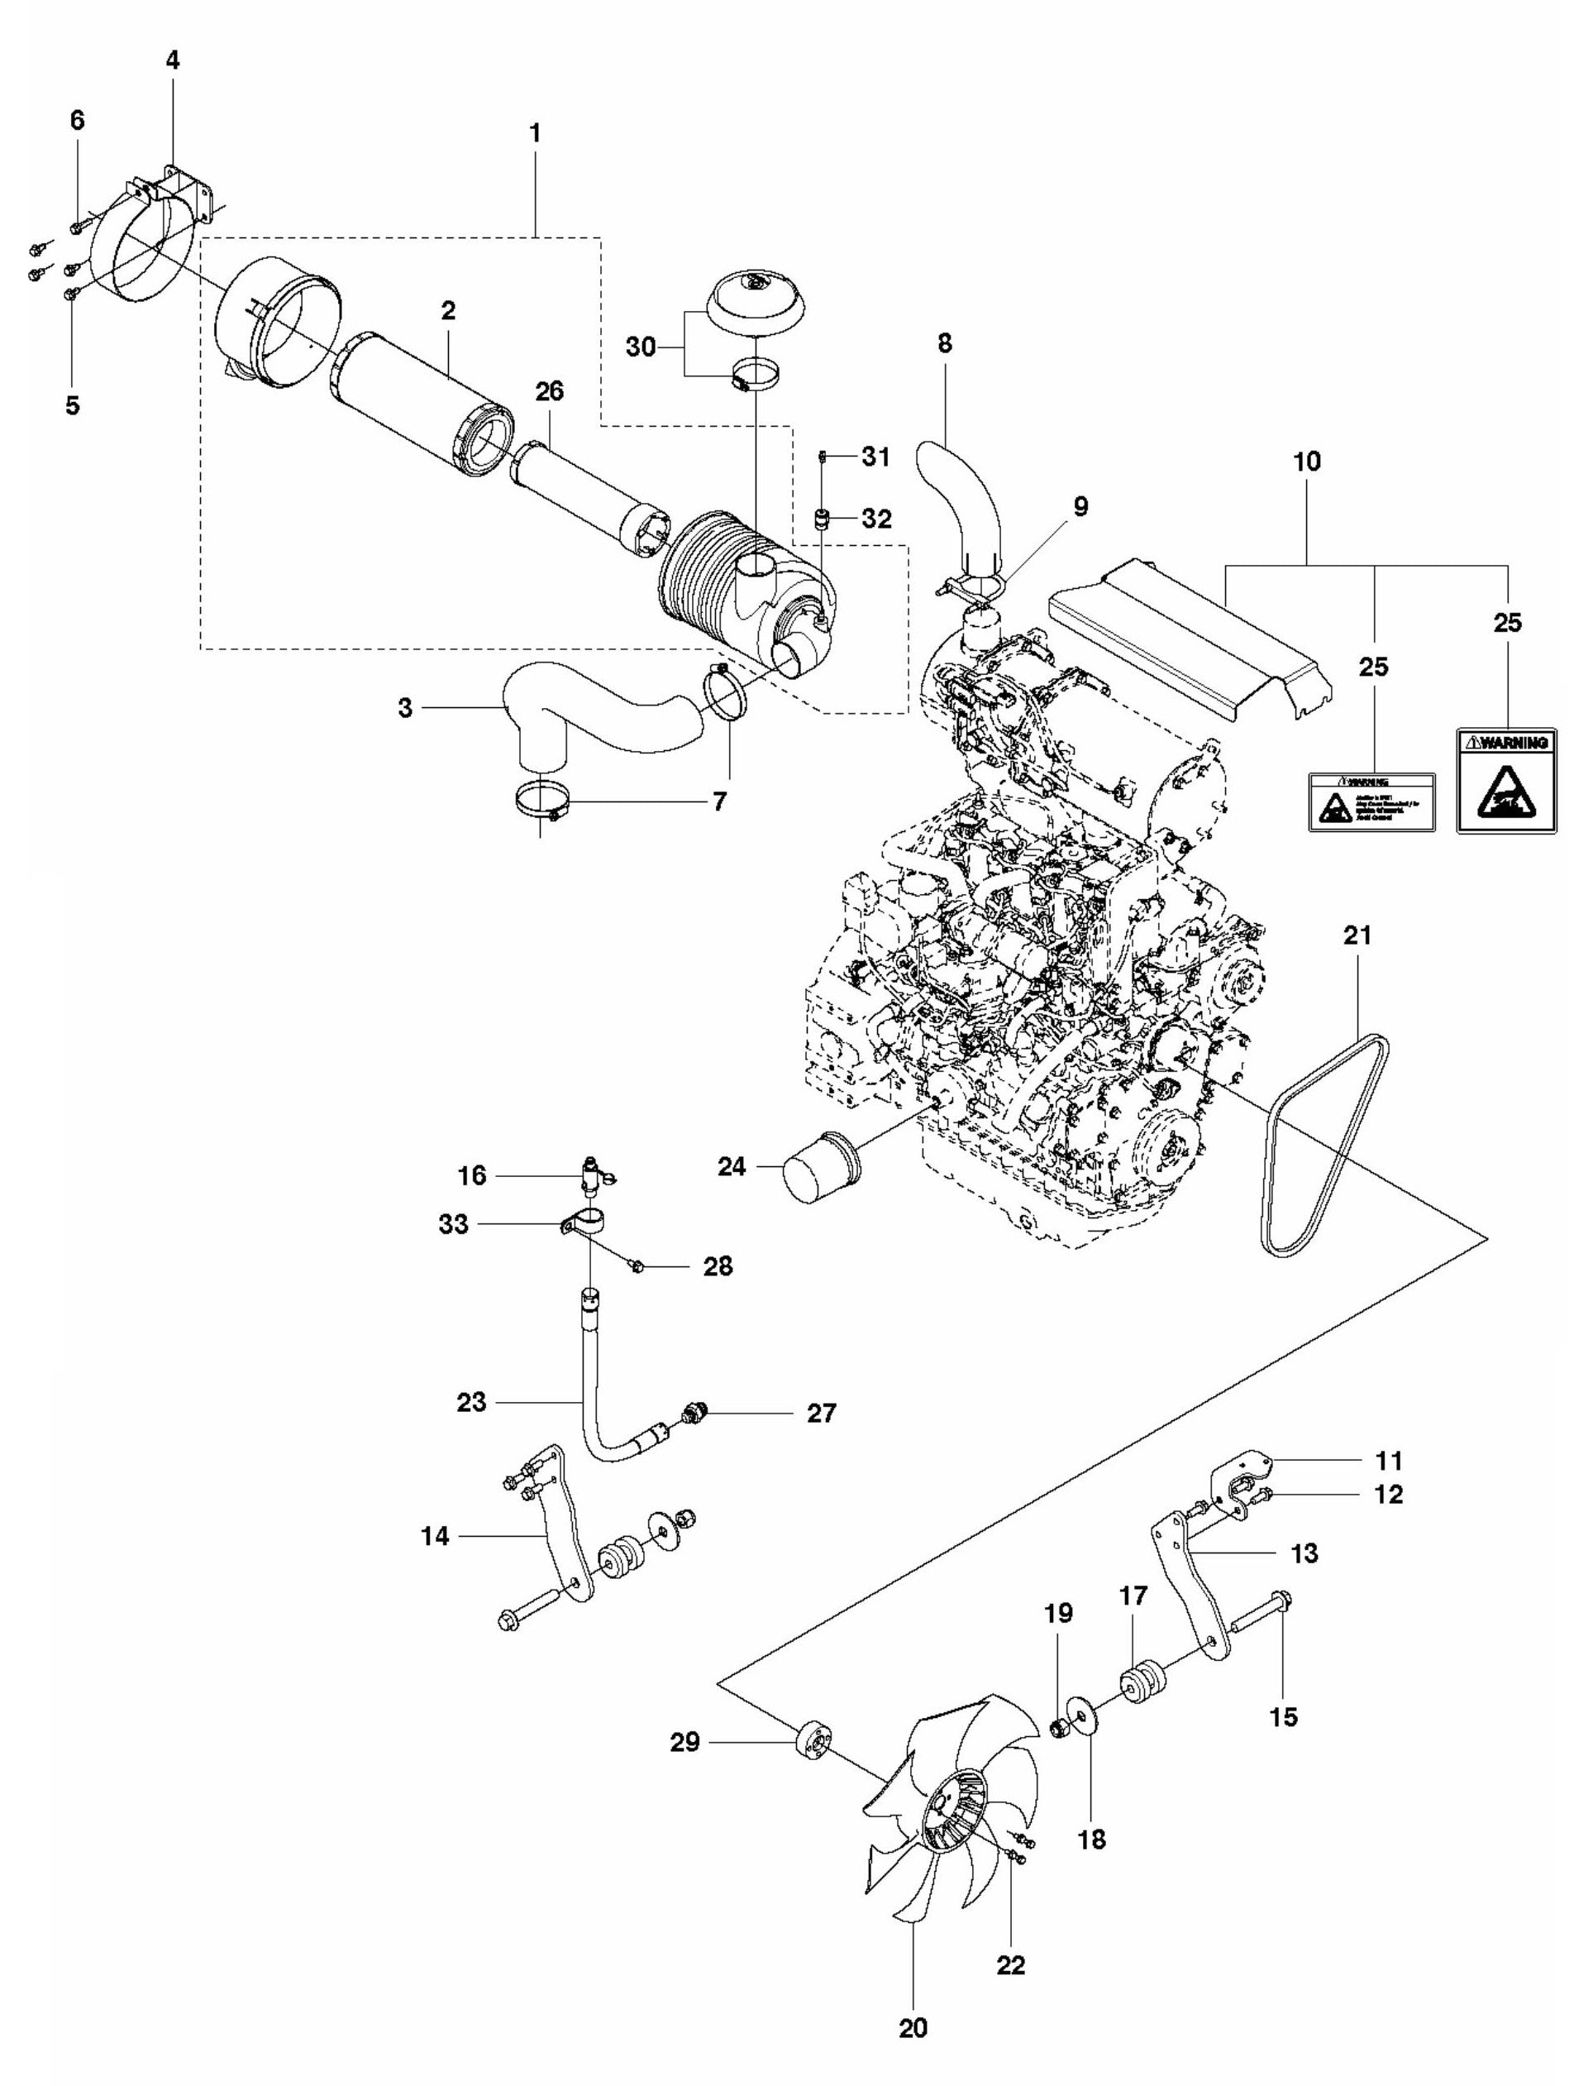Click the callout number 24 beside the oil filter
731,1166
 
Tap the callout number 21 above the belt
1357,935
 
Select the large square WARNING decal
1505,780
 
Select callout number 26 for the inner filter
549,391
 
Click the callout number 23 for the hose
470,1402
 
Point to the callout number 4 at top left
172,60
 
